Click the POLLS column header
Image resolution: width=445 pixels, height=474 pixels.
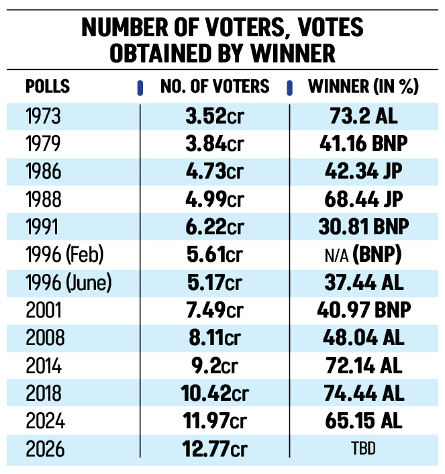[x=47, y=87]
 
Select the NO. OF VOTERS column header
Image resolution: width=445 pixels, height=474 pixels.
[x=215, y=87]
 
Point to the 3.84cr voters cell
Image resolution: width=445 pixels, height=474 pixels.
[x=215, y=144]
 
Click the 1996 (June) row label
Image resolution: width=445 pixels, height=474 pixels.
[x=68, y=283]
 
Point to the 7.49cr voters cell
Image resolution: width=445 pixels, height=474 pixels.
[x=215, y=311]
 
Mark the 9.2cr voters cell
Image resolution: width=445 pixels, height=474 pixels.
[x=215, y=366]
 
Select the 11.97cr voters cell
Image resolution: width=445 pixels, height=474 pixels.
[x=215, y=422]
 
